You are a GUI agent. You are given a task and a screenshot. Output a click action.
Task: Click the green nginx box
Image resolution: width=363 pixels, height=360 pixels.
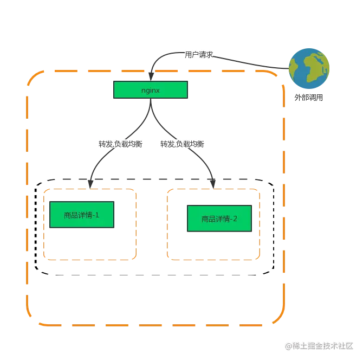151,89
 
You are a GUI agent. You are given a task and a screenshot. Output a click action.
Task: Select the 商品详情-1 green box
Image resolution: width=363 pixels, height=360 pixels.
82,215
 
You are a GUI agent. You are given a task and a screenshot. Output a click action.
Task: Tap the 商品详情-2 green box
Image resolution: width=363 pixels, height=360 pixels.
219,218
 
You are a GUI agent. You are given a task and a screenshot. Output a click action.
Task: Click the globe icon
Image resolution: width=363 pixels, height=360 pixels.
309,68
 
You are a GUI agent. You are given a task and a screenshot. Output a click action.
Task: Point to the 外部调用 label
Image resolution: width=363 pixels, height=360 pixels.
309,98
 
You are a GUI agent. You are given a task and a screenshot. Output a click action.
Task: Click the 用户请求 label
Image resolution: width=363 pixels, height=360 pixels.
199,55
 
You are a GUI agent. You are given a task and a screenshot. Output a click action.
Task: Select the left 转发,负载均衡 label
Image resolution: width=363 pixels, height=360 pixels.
120,144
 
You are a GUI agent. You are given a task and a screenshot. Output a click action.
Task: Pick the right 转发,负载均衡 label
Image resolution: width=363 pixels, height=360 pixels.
182,144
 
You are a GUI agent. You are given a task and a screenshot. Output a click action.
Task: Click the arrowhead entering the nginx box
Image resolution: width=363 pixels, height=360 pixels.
151,76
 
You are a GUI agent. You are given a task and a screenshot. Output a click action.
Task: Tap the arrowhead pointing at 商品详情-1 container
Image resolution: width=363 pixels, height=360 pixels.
90,184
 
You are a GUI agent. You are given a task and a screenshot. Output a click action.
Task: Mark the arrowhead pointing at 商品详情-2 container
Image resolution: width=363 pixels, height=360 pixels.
213,184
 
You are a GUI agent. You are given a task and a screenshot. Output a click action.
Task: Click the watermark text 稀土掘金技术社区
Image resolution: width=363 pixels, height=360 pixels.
323,346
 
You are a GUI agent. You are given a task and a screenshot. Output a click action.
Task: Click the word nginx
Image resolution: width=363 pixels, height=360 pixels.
151,90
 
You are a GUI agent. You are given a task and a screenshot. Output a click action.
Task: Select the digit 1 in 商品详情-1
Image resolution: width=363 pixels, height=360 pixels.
97,215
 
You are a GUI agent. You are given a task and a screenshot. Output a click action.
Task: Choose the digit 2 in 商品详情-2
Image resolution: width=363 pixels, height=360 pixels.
235,218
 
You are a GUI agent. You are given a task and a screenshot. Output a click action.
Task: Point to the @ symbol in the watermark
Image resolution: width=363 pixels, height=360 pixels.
288,346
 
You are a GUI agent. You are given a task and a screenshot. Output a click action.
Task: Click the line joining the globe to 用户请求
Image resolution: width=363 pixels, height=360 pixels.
250,63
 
